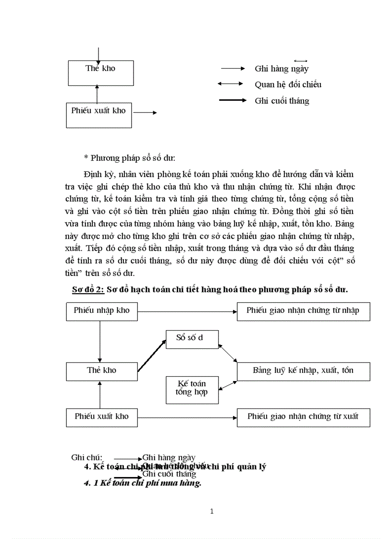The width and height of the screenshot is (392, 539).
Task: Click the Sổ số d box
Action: coord(191,338)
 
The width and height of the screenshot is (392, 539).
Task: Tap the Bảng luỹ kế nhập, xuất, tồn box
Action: coord(303,371)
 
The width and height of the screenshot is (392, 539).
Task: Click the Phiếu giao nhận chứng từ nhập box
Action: coord(303,311)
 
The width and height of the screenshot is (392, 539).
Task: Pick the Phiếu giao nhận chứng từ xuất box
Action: coord(303,417)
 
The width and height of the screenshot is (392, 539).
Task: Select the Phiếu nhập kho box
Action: coord(101,311)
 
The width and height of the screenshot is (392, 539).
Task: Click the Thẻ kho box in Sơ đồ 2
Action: coord(101,371)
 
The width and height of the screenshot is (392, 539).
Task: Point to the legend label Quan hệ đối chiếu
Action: coord(288,84)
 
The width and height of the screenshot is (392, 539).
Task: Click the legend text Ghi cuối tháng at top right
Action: coord(282,101)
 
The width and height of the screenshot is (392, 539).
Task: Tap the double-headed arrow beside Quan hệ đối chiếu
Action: coord(230,84)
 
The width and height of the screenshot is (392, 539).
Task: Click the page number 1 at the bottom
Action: coord(212,511)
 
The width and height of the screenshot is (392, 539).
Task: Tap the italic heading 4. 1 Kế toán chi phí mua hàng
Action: coord(142,484)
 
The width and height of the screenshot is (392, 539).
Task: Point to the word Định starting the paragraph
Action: coord(92,174)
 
